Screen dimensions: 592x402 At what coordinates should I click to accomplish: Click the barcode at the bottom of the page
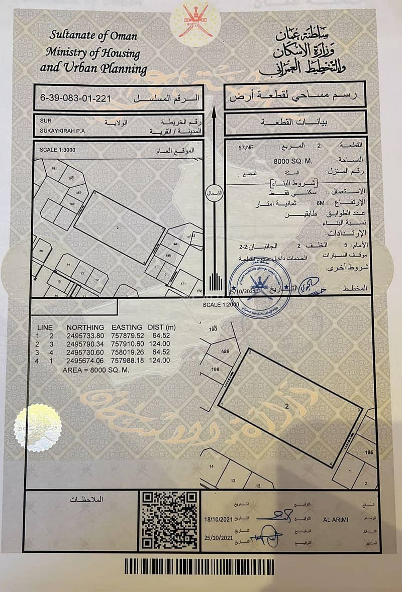click(x=199, y=567)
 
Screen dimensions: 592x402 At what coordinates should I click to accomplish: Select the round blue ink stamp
click(x=259, y=287)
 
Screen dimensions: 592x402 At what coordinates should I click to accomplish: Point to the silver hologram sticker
click(x=37, y=427)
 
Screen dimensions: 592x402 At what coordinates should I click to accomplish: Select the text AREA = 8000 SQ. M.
click(x=96, y=369)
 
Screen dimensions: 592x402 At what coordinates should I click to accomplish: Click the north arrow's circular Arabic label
click(x=214, y=192)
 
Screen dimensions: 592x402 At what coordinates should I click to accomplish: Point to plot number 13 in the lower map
click(x=233, y=481)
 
